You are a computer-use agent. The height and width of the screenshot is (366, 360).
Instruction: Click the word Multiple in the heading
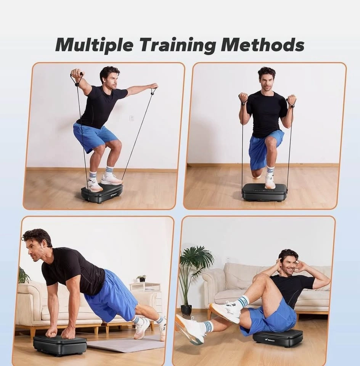[94, 45]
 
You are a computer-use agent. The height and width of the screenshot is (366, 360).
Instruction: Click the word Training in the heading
[177, 45]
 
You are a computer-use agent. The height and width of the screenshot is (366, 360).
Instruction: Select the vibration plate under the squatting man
[102, 193]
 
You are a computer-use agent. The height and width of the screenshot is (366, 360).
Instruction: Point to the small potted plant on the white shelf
[141, 278]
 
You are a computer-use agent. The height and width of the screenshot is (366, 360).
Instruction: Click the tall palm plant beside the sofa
[195, 278]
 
